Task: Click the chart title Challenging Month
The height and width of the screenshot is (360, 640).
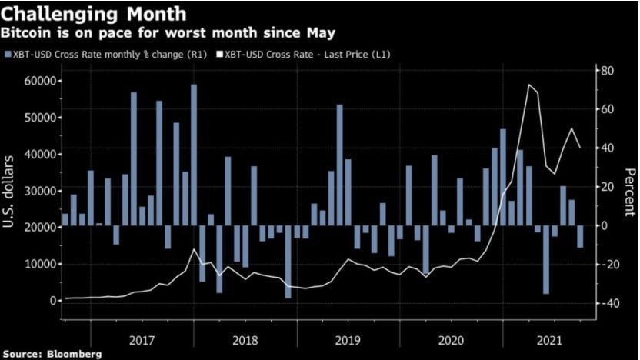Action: pyautogui.click(x=93, y=14)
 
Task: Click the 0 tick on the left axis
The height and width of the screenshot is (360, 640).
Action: pyautogui.click(x=53, y=300)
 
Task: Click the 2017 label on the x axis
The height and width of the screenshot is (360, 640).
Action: pyautogui.click(x=142, y=338)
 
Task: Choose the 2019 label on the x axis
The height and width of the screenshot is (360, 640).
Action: pyautogui.click(x=347, y=338)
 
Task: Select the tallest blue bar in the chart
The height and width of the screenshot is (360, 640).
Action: pyautogui.click(x=194, y=154)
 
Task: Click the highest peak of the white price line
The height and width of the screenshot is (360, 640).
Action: pyautogui.click(x=529, y=85)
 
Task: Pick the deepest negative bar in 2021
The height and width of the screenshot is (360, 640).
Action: pyautogui.click(x=546, y=260)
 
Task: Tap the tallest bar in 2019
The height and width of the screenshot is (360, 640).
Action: pyautogui.click(x=339, y=165)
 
